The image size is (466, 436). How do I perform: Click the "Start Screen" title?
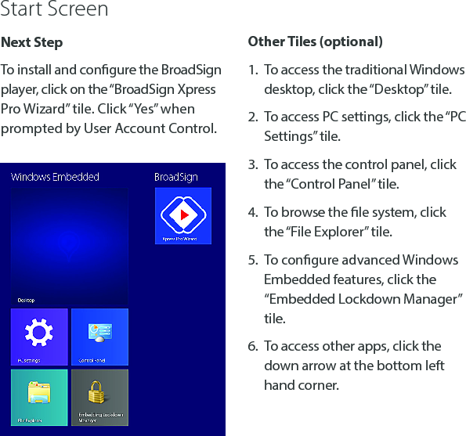click(x=54, y=10)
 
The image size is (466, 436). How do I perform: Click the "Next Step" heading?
click(x=32, y=42)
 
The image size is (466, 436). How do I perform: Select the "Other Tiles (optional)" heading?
click(x=315, y=41)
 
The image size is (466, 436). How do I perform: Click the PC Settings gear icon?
click(x=38, y=333)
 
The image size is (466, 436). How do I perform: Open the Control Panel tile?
click(x=99, y=337)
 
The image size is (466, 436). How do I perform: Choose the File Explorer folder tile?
click(x=38, y=397)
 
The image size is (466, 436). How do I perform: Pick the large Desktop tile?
click(x=69, y=247)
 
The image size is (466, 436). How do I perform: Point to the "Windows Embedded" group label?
click(x=55, y=177)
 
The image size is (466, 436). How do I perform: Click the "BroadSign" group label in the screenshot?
click(x=175, y=177)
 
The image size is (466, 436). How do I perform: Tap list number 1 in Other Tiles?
click(x=253, y=70)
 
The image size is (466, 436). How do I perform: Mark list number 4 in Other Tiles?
click(x=253, y=212)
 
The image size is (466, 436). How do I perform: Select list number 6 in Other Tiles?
click(x=253, y=346)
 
